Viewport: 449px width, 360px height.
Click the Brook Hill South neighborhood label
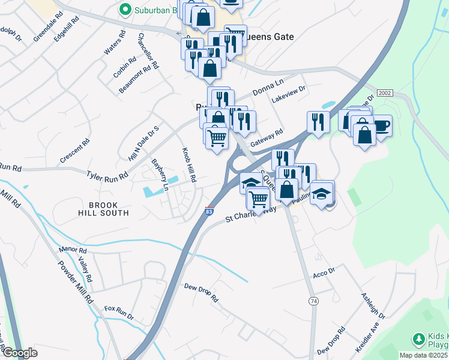click(103, 209)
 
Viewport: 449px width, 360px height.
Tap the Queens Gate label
click(270, 37)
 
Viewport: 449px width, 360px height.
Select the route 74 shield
click(313, 300)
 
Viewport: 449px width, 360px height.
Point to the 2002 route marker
click(385, 93)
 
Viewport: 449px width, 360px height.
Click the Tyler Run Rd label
click(107, 176)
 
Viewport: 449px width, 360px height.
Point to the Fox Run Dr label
click(118, 312)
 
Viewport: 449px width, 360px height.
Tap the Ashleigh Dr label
click(371, 306)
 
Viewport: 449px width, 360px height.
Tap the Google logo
click(20, 353)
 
